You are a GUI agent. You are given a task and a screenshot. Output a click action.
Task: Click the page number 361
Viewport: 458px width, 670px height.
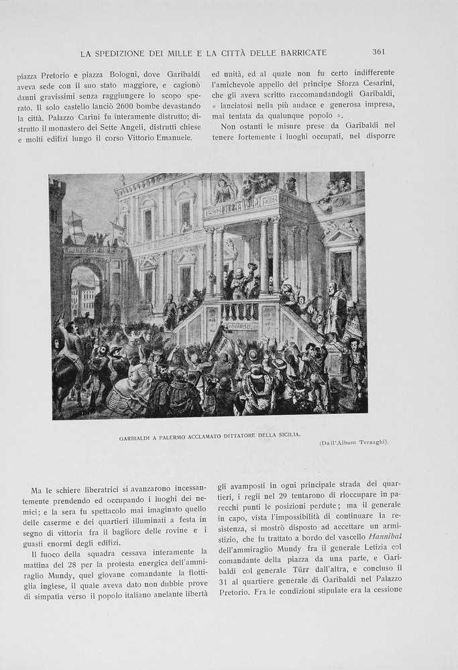click(378, 52)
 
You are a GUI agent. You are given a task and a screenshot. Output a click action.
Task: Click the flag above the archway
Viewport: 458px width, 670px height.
click(75, 222)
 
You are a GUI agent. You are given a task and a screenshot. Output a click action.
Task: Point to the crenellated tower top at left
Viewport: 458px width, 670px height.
click(57, 186)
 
